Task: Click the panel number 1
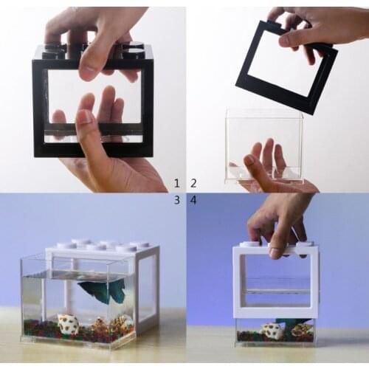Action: click(176, 183)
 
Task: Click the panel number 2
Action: click(193, 183)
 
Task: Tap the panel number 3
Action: click(176, 200)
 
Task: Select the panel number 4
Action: click(193, 200)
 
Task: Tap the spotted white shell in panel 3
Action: click(69, 324)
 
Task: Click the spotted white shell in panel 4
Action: click(272, 332)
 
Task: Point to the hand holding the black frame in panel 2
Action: click(310, 26)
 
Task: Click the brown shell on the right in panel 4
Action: click(302, 331)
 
